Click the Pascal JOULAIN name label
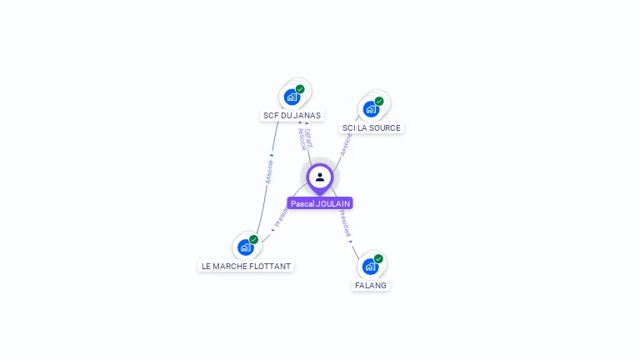[320, 203]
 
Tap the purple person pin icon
[320, 177]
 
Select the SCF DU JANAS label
[292, 116]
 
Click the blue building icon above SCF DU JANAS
[291, 97]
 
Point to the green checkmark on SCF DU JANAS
[300, 89]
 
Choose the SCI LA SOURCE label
[371, 128]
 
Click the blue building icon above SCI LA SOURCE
[370, 108]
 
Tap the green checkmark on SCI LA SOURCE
[379, 102]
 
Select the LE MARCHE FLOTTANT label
[246, 267]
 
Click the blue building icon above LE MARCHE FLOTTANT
[245, 247]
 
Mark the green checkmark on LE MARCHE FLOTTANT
[254, 240]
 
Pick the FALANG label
[371, 285]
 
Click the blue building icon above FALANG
[370, 266]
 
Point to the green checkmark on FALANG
[378, 259]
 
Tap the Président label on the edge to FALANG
[345, 223]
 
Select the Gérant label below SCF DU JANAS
[308, 137]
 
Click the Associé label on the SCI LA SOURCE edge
[346, 143]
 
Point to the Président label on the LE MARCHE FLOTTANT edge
[281, 217]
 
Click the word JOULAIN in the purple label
[333, 203]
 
